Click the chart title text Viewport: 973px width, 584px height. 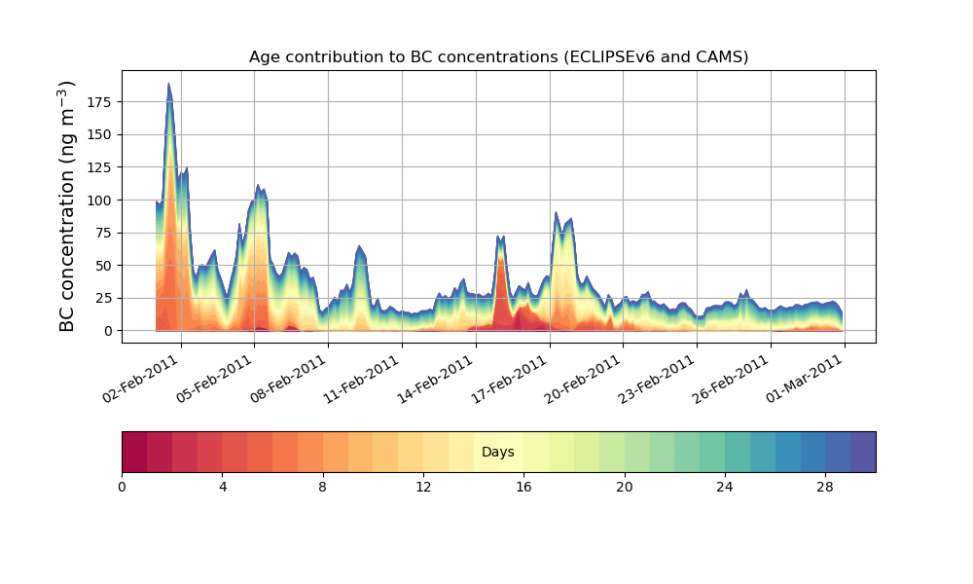[498, 56]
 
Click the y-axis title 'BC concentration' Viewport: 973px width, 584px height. [67, 206]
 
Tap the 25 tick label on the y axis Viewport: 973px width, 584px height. [107, 298]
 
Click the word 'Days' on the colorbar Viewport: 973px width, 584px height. [498, 453]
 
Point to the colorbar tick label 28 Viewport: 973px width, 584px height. [825, 487]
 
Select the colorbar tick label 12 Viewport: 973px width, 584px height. [423, 487]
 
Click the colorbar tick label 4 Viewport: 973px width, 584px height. [222, 487]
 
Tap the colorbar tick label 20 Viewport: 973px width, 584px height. [624, 487]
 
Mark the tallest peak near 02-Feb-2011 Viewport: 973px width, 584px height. [168, 85]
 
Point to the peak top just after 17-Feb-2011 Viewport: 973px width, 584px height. [556, 213]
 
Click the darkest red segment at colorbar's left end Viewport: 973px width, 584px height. [134, 452]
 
